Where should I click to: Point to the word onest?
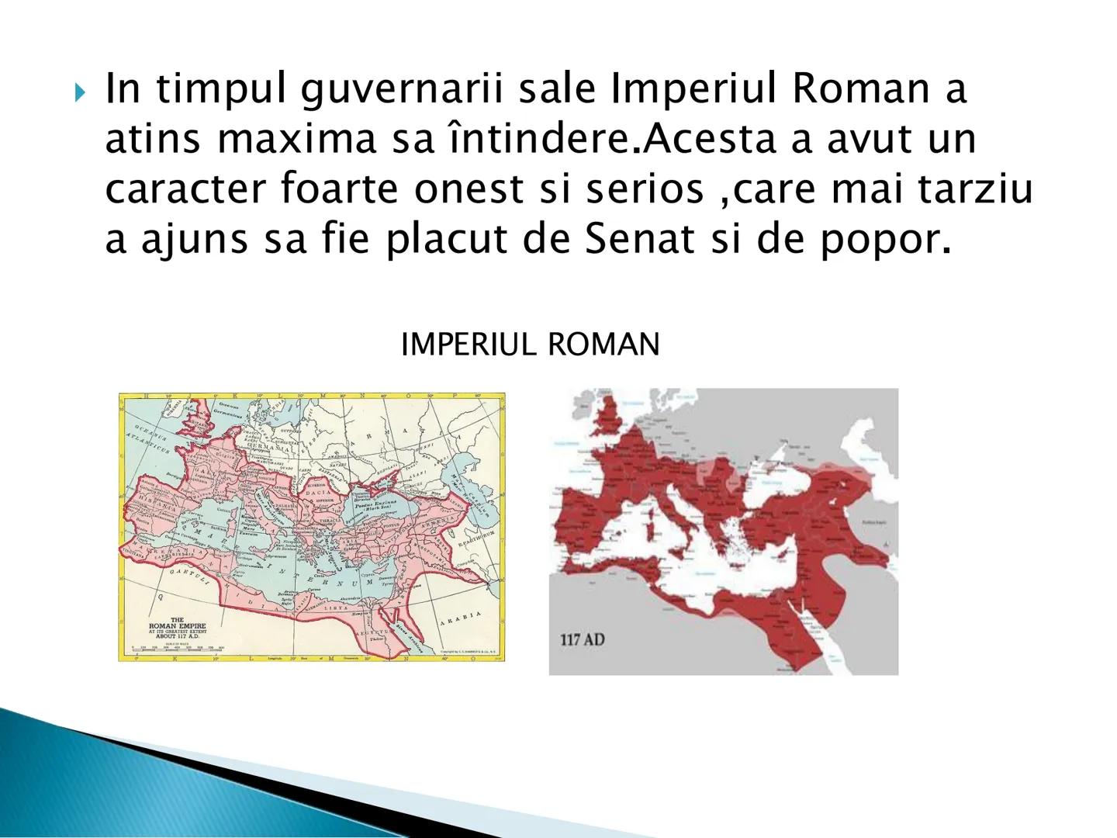pos(468,189)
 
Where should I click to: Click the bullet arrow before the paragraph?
pos(81,94)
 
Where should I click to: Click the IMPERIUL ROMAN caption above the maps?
pos(530,345)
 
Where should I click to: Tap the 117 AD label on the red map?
pos(582,640)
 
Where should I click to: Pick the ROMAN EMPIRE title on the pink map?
pos(177,625)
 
